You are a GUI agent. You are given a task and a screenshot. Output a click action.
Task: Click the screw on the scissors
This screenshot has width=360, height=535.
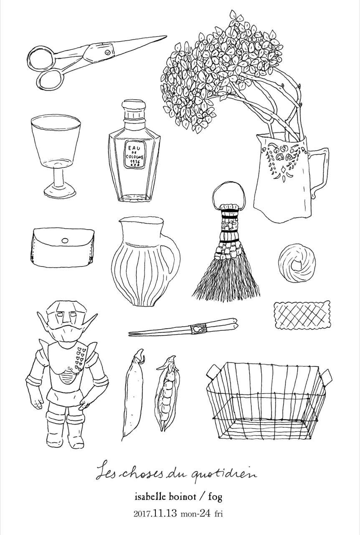pos(108,51)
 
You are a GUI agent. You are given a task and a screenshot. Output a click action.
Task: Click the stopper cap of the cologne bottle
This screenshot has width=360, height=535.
pos(134,106)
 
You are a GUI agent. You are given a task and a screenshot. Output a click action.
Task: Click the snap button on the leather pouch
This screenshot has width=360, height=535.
pos(65,240)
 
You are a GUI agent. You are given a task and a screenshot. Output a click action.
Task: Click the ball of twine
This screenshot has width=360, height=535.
pos(297,263)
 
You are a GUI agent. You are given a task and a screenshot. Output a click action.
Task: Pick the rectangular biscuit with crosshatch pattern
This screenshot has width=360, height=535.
pos(302,314)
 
